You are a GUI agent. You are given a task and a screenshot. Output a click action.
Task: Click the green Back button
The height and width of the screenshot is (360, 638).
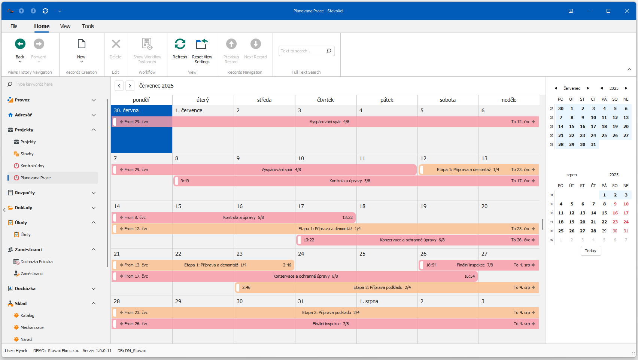click(x=20, y=44)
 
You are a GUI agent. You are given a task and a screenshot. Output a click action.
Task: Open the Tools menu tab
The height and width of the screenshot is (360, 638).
click(x=88, y=26)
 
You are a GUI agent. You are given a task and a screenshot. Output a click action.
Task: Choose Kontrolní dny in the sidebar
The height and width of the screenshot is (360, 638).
click(x=33, y=166)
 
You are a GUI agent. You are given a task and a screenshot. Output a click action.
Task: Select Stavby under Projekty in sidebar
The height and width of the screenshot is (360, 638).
click(x=27, y=154)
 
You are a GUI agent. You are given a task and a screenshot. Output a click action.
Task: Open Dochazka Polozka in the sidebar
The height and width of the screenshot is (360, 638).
click(x=36, y=262)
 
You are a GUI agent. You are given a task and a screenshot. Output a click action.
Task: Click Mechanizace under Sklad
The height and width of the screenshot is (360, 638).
click(x=32, y=327)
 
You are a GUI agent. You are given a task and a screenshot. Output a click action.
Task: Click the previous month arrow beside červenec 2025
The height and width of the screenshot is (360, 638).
click(x=119, y=86)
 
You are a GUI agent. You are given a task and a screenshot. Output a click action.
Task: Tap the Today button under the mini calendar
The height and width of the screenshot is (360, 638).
click(x=590, y=251)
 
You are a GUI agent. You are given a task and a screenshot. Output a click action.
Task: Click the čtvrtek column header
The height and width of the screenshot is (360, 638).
click(x=325, y=100)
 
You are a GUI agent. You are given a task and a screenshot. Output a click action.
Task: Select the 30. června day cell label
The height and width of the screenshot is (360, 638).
click(x=126, y=110)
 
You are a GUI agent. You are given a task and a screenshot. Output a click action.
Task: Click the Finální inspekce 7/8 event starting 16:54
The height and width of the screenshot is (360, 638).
click(x=474, y=265)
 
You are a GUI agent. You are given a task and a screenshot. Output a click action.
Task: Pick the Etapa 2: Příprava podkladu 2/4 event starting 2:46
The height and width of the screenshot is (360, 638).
click(x=382, y=287)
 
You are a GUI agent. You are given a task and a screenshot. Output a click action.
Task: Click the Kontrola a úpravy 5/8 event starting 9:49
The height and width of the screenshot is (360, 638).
click(x=349, y=181)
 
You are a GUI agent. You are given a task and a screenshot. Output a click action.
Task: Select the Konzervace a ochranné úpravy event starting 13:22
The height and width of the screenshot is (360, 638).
click(x=412, y=240)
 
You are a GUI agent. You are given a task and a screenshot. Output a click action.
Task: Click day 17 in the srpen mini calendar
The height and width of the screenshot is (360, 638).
click(x=626, y=213)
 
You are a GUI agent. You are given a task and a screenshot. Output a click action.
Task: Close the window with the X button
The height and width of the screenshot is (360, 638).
click(x=627, y=11)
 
